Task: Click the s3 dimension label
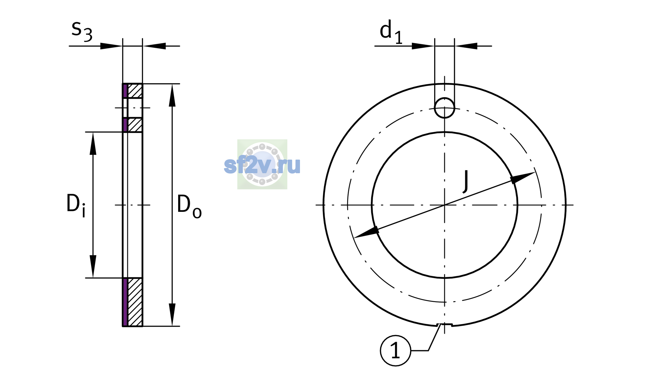tap(82, 31)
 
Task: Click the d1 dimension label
tap(391, 32)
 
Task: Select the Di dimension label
tap(76, 206)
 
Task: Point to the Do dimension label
tap(189, 206)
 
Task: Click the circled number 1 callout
tap(396, 351)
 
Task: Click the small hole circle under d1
tap(445, 108)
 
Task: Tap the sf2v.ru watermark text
tap(262, 165)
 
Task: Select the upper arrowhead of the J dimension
tap(522, 178)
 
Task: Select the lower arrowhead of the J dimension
tap(366, 232)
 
